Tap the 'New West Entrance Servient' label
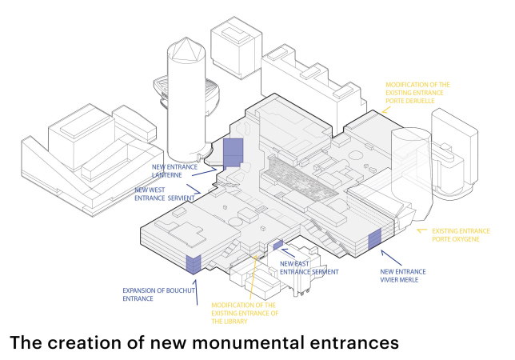point(166,195)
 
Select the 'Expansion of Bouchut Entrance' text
point(151,294)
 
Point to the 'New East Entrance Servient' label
point(309,268)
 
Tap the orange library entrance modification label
point(245,314)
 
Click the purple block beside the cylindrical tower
point(232,152)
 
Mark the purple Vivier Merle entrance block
point(373,239)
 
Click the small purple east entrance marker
point(277,245)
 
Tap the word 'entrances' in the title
point(351,342)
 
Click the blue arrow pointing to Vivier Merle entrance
point(389,255)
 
